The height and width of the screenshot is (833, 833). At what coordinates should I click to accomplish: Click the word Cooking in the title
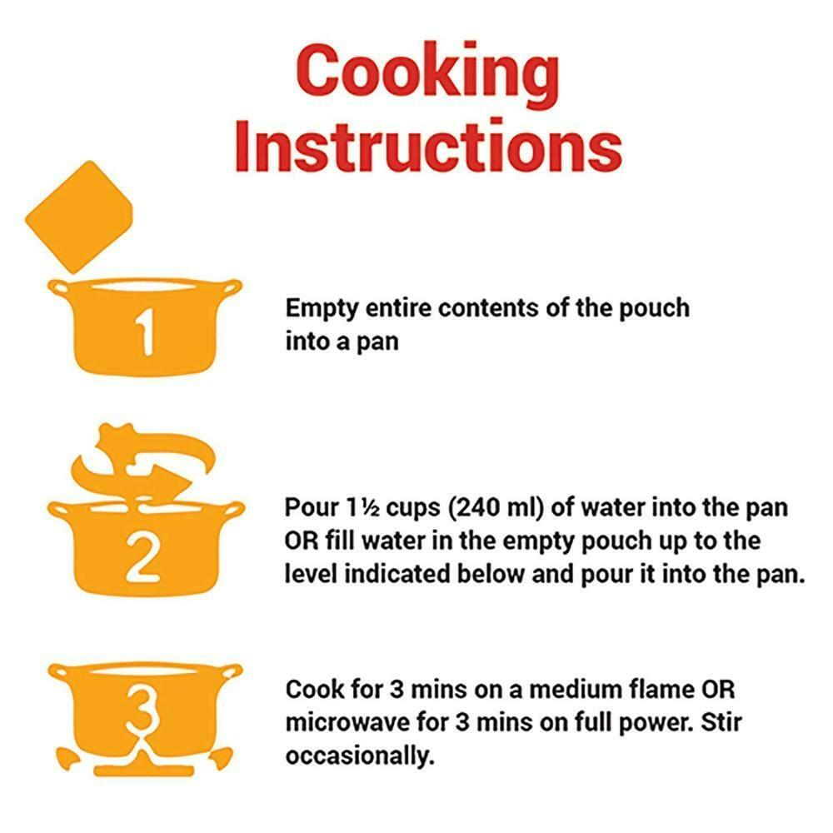pos(427,74)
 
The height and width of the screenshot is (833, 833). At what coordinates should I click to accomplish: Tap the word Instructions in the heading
pos(428,146)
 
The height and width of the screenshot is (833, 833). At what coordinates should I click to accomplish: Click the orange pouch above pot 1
pos(79,217)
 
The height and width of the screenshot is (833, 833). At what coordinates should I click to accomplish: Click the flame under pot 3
pos(142,755)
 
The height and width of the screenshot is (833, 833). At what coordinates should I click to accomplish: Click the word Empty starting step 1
pos(322,309)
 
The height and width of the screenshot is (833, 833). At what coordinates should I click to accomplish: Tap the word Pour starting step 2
pos(312,507)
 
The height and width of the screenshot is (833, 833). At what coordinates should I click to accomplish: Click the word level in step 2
pos(311,574)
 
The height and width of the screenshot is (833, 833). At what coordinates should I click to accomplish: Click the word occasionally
pos(360,756)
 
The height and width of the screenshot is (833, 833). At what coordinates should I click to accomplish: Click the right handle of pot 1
pos(232,287)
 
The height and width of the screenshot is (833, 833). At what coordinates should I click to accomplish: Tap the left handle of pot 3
pos(58,671)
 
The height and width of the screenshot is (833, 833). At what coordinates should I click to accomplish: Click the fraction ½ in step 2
pos(371,508)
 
